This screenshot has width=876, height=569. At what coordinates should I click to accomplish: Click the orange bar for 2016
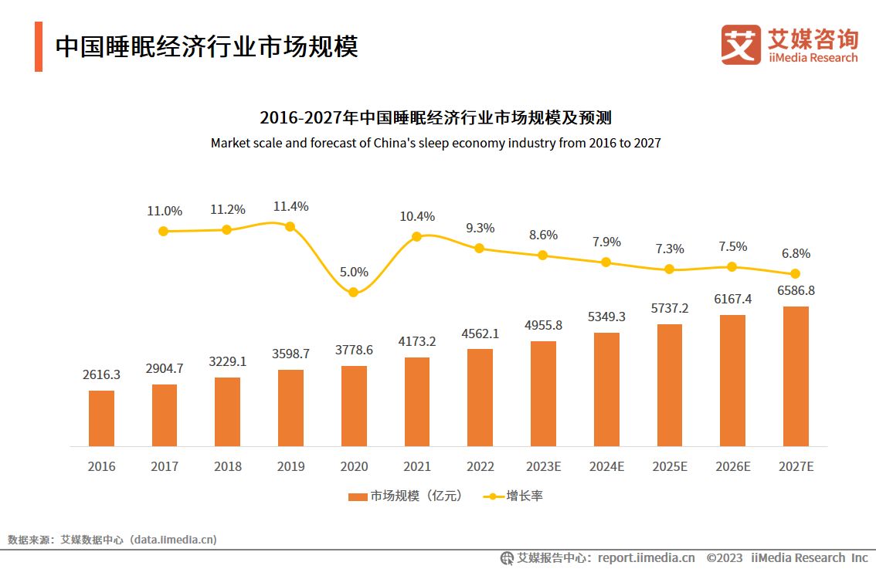[x=101, y=418]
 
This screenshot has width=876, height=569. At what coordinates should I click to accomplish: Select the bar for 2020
[x=354, y=406]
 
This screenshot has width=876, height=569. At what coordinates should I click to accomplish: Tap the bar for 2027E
[x=796, y=377]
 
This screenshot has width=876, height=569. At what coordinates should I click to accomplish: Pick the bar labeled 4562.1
[x=480, y=398]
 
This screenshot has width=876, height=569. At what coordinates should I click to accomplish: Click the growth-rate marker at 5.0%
[x=353, y=293]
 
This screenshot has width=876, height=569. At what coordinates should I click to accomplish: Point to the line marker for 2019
[x=290, y=226]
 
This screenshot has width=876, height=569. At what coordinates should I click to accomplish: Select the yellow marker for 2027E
[x=795, y=274]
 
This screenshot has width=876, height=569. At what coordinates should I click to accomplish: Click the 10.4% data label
[x=417, y=216]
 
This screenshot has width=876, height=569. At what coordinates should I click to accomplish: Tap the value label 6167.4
[x=732, y=300]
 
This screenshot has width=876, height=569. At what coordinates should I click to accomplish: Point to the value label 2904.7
[x=165, y=368]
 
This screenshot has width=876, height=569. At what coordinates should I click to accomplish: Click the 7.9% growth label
[x=606, y=242]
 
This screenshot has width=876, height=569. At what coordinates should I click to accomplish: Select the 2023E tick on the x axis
[x=543, y=466]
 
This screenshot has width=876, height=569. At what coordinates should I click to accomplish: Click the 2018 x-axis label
[x=228, y=466]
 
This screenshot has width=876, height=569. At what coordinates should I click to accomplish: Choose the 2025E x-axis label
[x=669, y=466]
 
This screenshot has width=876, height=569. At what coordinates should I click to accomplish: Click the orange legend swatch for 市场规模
[x=358, y=496]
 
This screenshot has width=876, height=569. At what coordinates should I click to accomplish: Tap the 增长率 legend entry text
[x=525, y=496]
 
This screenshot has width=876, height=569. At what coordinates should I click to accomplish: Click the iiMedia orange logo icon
[x=741, y=45]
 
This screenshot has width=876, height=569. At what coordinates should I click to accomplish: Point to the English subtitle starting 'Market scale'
[x=436, y=143]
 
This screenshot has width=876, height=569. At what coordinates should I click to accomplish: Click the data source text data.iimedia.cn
[x=173, y=540]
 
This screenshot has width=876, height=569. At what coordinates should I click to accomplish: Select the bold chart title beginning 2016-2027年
[x=436, y=117]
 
